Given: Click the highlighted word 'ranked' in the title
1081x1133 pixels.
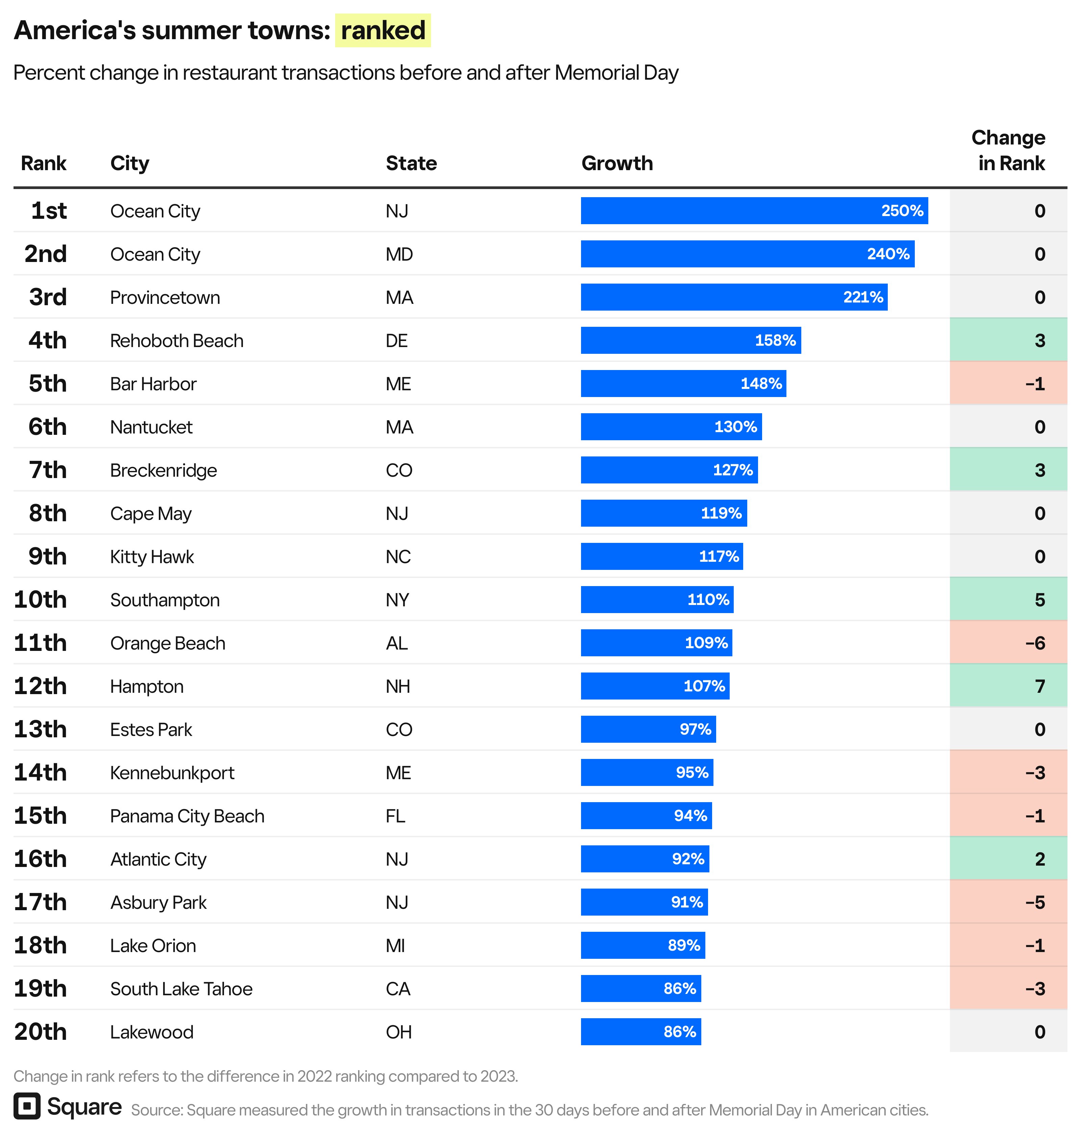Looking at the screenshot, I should click(x=383, y=30).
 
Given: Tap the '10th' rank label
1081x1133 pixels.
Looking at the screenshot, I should click(x=40, y=600).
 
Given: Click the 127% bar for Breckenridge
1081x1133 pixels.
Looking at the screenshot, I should click(x=669, y=470).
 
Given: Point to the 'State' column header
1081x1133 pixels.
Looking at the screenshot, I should click(x=411, y=164).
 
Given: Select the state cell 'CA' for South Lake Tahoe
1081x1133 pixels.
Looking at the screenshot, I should click(x=398, y=989).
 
